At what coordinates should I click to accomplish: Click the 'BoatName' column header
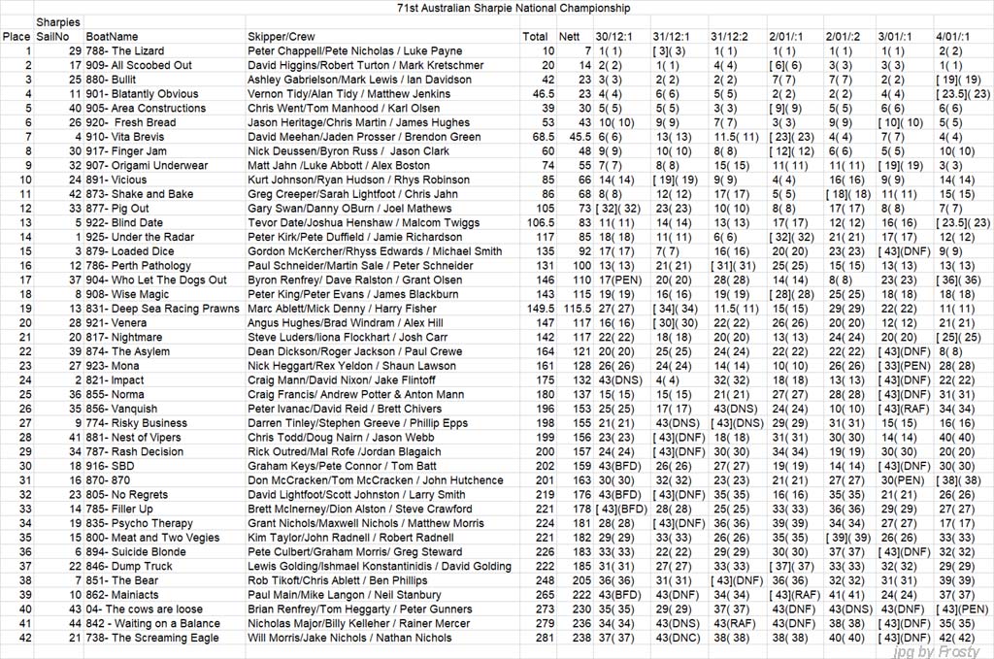(113, 36)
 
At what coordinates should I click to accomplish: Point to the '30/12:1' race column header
(613, 36)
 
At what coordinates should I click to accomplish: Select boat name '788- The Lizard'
(124, 50)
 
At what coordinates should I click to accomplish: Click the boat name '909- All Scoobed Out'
(138, 65)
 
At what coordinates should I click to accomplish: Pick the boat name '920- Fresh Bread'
(131, 122)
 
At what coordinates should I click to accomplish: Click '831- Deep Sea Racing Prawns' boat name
(162, 309)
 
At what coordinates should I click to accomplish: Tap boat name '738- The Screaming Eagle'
(151, 639)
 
